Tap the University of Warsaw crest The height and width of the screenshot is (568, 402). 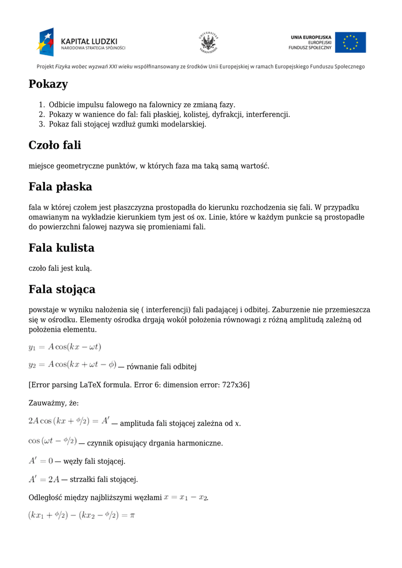click(x=208, y=43)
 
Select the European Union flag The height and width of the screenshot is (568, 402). click(x=350, y=43)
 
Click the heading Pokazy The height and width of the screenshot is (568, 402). click(x=48, y=84)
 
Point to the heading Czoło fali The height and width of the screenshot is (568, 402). click(x=55, y=145)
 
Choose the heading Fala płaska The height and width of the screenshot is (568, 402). click(x=60, y=186)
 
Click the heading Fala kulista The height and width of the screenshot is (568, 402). click(x=62, y=247)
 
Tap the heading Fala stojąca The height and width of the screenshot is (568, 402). click(x=62, y=289)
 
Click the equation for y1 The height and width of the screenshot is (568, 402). click(x=65, y=347)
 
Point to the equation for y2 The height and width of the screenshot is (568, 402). click(x=73, y=366)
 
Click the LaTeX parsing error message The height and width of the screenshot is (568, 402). click(x=139, y=384)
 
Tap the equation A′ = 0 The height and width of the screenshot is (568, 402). click(x=40, y=461)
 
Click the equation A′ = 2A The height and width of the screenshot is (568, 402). click(x=44, y=479)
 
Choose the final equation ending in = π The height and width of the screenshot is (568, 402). click(x=82, y=515)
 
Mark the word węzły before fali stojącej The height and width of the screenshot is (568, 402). click(x=74, y=461)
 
